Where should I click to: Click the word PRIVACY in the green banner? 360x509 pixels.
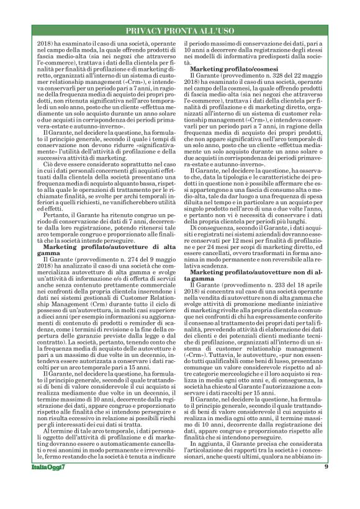click(x=145, y=30)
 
